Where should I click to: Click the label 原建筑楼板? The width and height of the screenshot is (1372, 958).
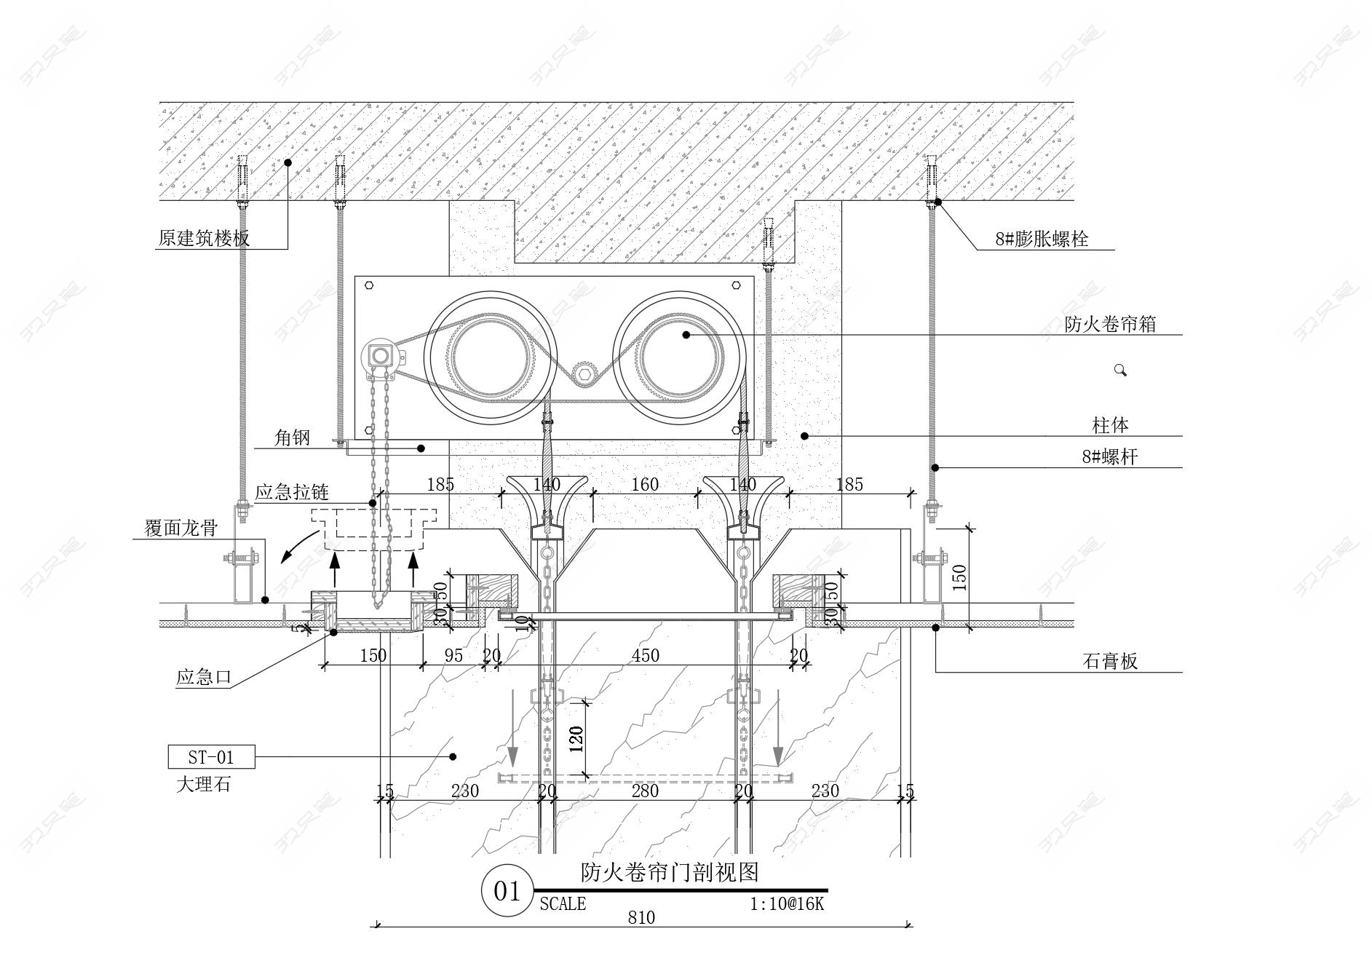tap(204, 238)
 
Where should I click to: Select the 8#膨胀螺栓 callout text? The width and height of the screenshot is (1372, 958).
tap(1042, 239)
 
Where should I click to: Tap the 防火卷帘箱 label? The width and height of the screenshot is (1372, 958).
tap(1110, 324)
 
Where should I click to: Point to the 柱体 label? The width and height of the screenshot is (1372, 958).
tap(1110, 425)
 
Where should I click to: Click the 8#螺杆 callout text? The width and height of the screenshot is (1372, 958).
tap(1109, 457)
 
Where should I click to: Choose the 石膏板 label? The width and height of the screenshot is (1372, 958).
tap(1110, 661)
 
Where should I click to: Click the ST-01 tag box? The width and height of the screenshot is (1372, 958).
tap(211, 757)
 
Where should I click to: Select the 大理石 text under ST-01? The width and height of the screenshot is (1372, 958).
tap(203, 785)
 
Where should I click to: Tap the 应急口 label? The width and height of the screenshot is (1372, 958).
tap(203, 678)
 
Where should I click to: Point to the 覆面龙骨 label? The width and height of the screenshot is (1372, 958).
tap(181, 528)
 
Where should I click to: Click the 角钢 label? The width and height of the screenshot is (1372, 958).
tap(292, 438)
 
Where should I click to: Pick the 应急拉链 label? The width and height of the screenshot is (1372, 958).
tap(291, 492)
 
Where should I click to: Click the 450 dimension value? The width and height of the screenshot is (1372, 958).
tap(645, 655)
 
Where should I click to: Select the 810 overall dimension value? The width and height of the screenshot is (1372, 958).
tap(641, 917)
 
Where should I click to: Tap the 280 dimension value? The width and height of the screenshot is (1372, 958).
tap(645, 791)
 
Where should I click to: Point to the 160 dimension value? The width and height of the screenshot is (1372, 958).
tap(645, 484)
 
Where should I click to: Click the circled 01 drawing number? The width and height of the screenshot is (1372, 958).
tap(507, 891)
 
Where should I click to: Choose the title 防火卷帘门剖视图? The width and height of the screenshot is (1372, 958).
tap(670, 871)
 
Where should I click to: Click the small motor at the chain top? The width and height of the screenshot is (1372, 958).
tap(379, 356)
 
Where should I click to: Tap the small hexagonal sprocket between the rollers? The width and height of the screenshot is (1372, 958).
tap(584, 374)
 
